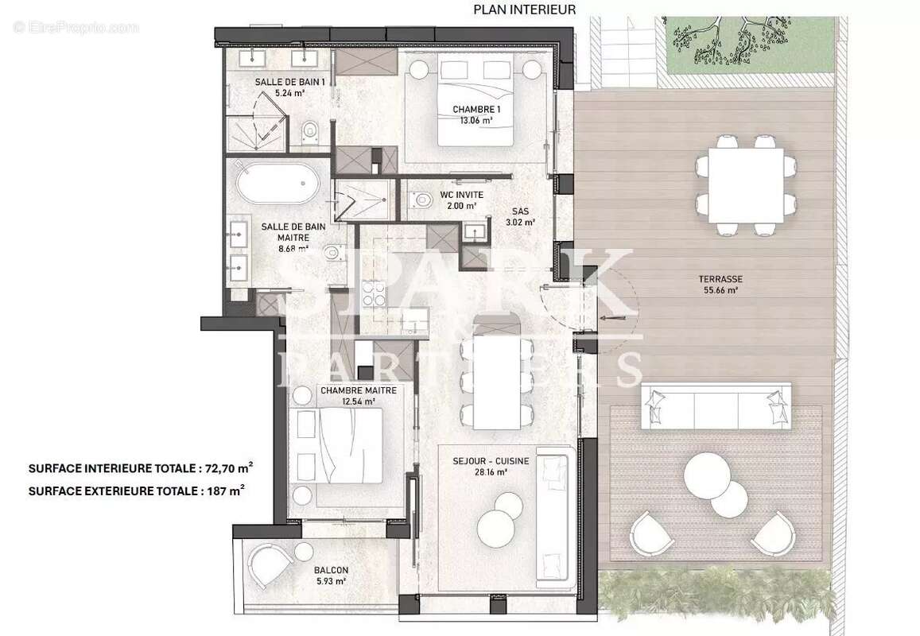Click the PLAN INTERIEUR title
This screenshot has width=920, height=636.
pyautogui.click(x=524, y=10)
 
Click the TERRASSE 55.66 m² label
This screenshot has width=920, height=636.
pyautogui.click(x=721, y=285)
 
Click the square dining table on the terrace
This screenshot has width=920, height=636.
pyautogui.click(x=745, y=185)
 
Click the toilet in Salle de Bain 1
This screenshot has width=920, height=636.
pyautogui.click(x=311, y=129)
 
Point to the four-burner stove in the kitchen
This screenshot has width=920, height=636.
pyautogui.click(x=374, y=296)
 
